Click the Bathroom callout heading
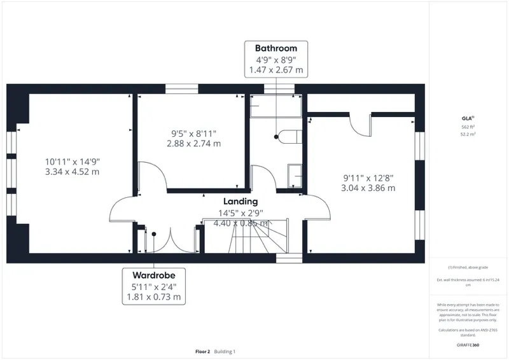click(276, 48)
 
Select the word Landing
click(240, 202)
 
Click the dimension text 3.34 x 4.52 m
click(72, 172)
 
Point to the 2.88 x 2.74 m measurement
click(193, 144)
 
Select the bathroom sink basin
click(295, 175)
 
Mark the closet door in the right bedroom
click(361, 123)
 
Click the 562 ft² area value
click(468, 127)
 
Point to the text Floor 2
click(203, 351)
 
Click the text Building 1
click(225, 351)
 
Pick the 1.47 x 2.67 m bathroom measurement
click(276, 69)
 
